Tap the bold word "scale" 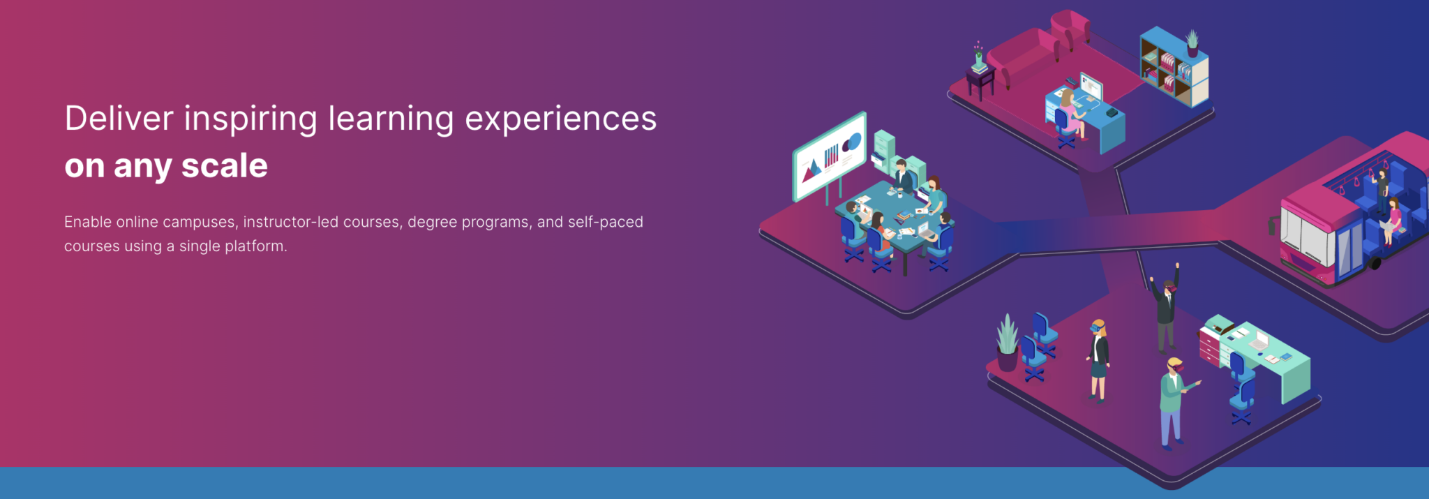click(225, 166)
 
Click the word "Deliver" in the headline click(119, 118)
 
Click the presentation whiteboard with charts click(830, 156)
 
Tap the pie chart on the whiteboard click(852, 143)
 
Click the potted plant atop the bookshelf click(1192, 43)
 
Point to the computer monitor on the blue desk click(1091, 87)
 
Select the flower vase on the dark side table click(978, 56)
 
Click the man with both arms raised click(1166, 307)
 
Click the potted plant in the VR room click(1007, 343)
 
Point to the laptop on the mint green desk click(1258, 342)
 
